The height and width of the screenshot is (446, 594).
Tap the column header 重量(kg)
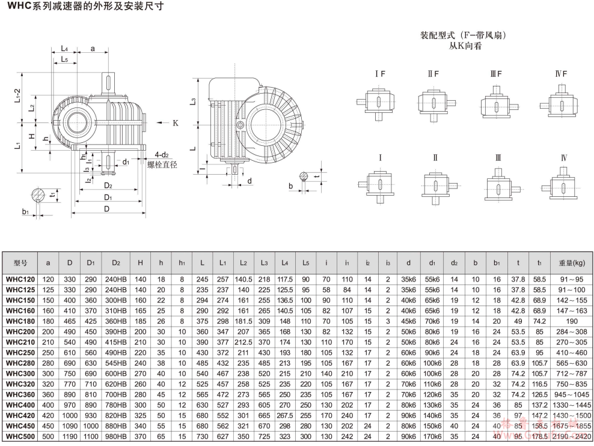click(x=571, y=263)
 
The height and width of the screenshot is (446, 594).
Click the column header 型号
click(x=21, y=263)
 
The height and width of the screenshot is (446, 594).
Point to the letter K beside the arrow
click(x=176, y=123)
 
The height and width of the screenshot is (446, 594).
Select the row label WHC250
click(x=21, y=352)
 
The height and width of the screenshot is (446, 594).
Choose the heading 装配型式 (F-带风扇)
click(x=463, y=35)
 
